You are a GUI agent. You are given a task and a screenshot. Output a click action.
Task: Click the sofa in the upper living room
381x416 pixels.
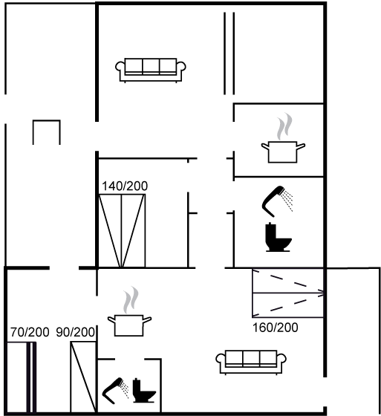coord(151,70)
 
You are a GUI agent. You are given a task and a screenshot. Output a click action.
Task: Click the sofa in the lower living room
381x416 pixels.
coord(251,362)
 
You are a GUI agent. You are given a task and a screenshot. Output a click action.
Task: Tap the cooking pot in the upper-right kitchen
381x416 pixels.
coord(283,152)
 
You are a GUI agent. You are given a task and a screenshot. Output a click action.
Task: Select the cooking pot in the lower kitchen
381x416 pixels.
coord(129,325)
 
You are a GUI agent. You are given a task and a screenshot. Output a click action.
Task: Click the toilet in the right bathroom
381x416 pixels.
coord(278,238)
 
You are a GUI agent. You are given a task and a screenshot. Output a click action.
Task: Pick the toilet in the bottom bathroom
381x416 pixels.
coord(144,391)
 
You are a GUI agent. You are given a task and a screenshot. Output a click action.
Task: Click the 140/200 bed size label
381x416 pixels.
coord(125,186)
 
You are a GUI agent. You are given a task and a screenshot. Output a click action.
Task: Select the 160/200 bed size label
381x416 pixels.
coord(275,328)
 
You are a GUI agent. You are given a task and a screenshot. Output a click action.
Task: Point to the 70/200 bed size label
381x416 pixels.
coord(30,332)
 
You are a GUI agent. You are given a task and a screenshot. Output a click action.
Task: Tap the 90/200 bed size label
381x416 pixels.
coord(75,332)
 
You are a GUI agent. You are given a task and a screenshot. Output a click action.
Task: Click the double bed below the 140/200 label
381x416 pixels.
coord(122,231)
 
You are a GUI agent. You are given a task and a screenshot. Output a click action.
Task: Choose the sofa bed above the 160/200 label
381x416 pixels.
coord(288,293)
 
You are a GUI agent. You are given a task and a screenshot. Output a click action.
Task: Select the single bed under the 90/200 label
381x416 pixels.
coord(83,377)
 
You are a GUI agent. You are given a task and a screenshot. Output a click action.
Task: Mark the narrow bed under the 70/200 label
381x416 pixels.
coord(21,377)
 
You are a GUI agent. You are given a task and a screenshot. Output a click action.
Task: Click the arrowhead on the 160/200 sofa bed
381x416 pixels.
coord(322,293)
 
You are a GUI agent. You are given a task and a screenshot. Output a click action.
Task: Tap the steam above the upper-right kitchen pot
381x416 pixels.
coord(284,126)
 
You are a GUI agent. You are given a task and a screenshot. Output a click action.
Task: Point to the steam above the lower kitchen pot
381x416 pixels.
coord(131,300)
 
